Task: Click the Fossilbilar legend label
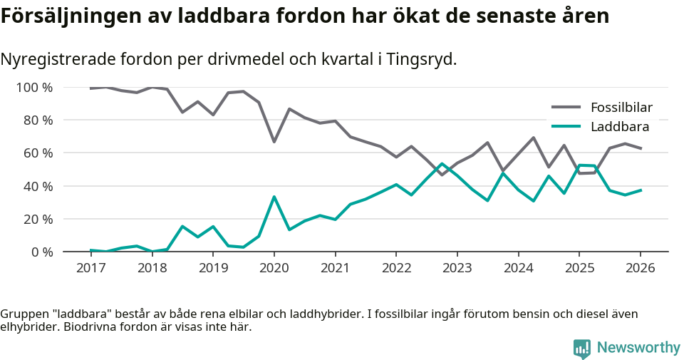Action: click(621, 108)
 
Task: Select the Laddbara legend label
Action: click(620, 127)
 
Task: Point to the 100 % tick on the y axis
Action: click(35, 88)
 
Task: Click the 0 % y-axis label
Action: click(42, 252)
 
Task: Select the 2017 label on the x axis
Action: click(90, 268)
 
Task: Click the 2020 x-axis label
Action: click(274, 268)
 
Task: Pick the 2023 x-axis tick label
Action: click(457, 268)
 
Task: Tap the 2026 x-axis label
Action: click(640, 268)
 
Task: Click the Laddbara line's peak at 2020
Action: click(274, 197)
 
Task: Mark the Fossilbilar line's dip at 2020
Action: click(274, 142)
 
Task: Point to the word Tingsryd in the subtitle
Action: click(422, 59)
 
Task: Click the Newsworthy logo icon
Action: click(582, 349)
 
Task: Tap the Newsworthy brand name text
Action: click(638, 348)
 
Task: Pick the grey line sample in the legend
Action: click(566, 108)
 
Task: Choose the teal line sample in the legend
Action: click(566, 127)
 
